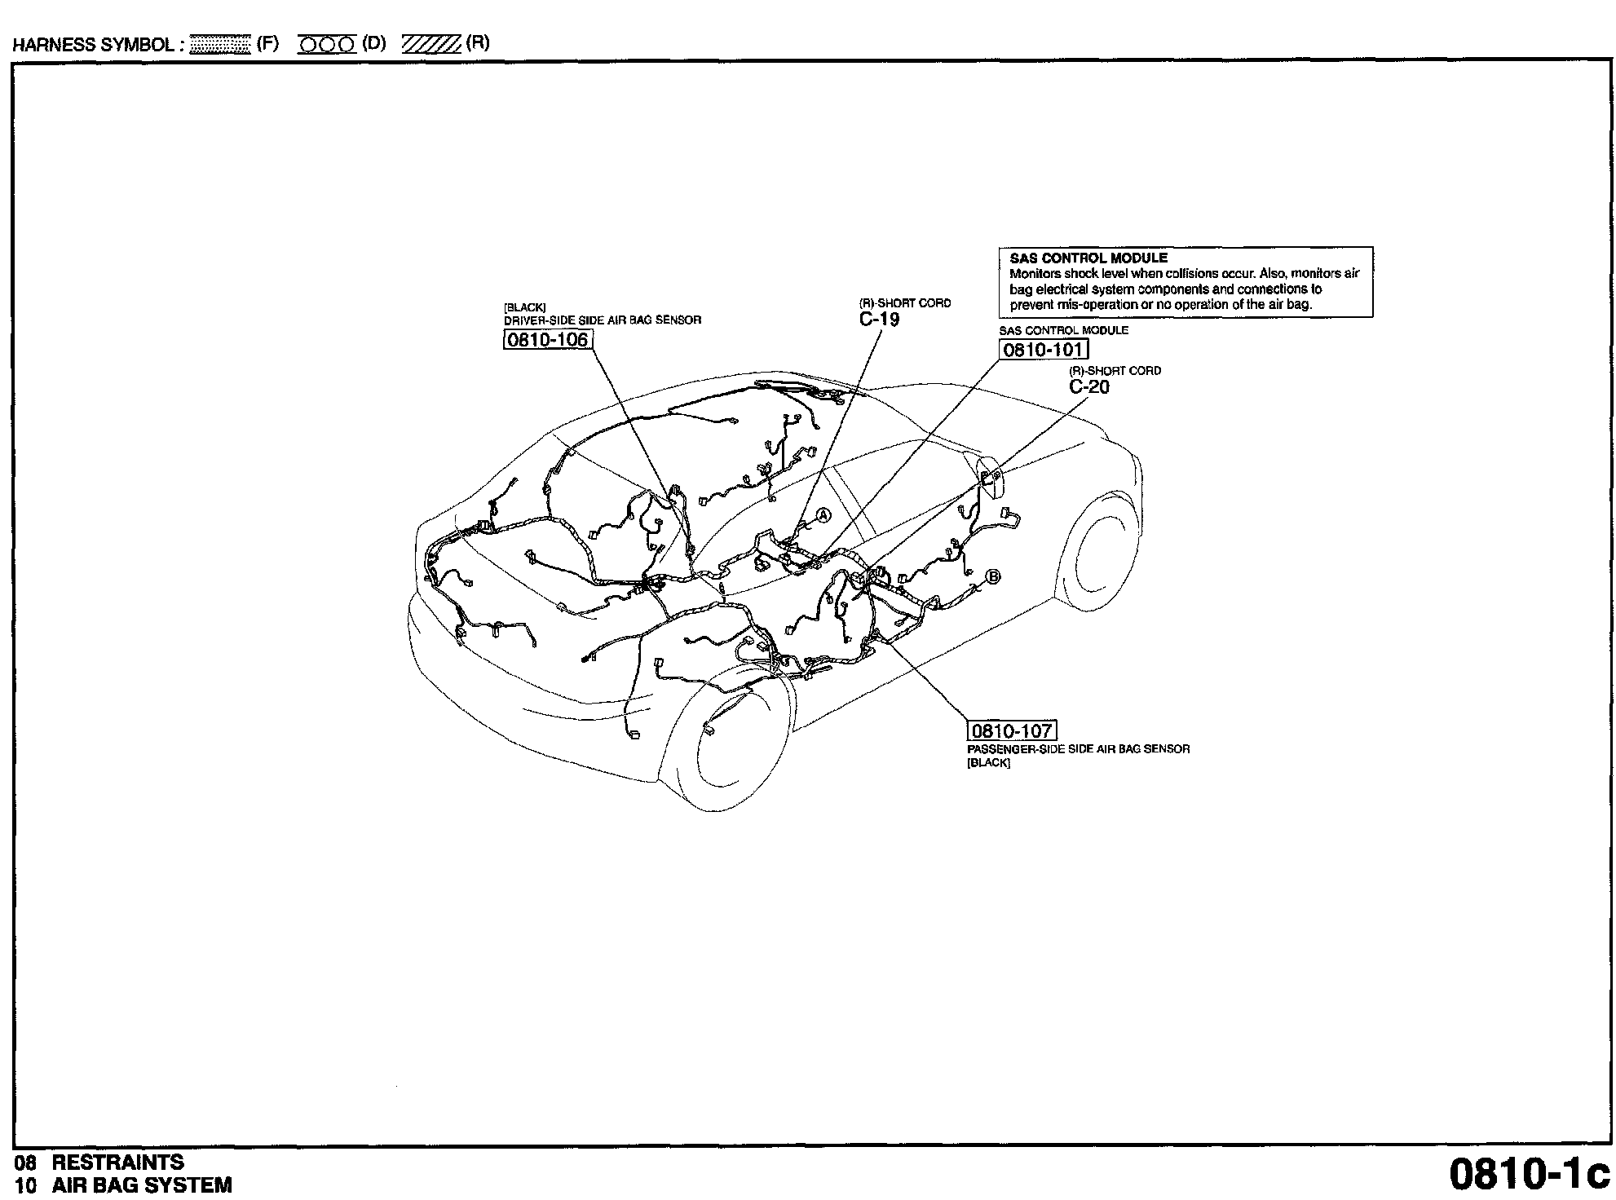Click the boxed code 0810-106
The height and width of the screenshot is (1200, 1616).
coord(546,339)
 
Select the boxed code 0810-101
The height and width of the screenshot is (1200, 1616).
coord(1043,350)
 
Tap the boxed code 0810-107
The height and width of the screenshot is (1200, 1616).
coord(1011,730)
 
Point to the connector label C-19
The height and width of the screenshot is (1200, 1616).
coord(879,320)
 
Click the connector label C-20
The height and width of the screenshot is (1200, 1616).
coord(1089,387)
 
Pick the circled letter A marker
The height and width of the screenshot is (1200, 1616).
coord(823,514)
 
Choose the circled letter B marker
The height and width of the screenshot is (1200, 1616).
coord(993,576)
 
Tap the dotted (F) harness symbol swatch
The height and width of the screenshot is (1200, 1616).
coord(219,44)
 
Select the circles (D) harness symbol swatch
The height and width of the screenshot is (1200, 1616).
coord(327,44)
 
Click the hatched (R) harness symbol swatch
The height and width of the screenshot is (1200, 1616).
coord(432,44)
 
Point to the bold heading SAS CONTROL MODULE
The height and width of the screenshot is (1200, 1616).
coord(1088,258)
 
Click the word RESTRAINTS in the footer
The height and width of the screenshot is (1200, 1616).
coord(118,1162)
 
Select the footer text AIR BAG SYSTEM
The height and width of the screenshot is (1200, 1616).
coord(142,1185)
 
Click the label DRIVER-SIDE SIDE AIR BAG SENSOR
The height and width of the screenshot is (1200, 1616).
coord(602,320)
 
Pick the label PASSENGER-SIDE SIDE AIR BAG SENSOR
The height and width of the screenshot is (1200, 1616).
coord(1078,748)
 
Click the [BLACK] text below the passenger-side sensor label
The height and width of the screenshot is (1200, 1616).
coord(988,763)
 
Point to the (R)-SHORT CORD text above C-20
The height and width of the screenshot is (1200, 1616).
coord(1115,371)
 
